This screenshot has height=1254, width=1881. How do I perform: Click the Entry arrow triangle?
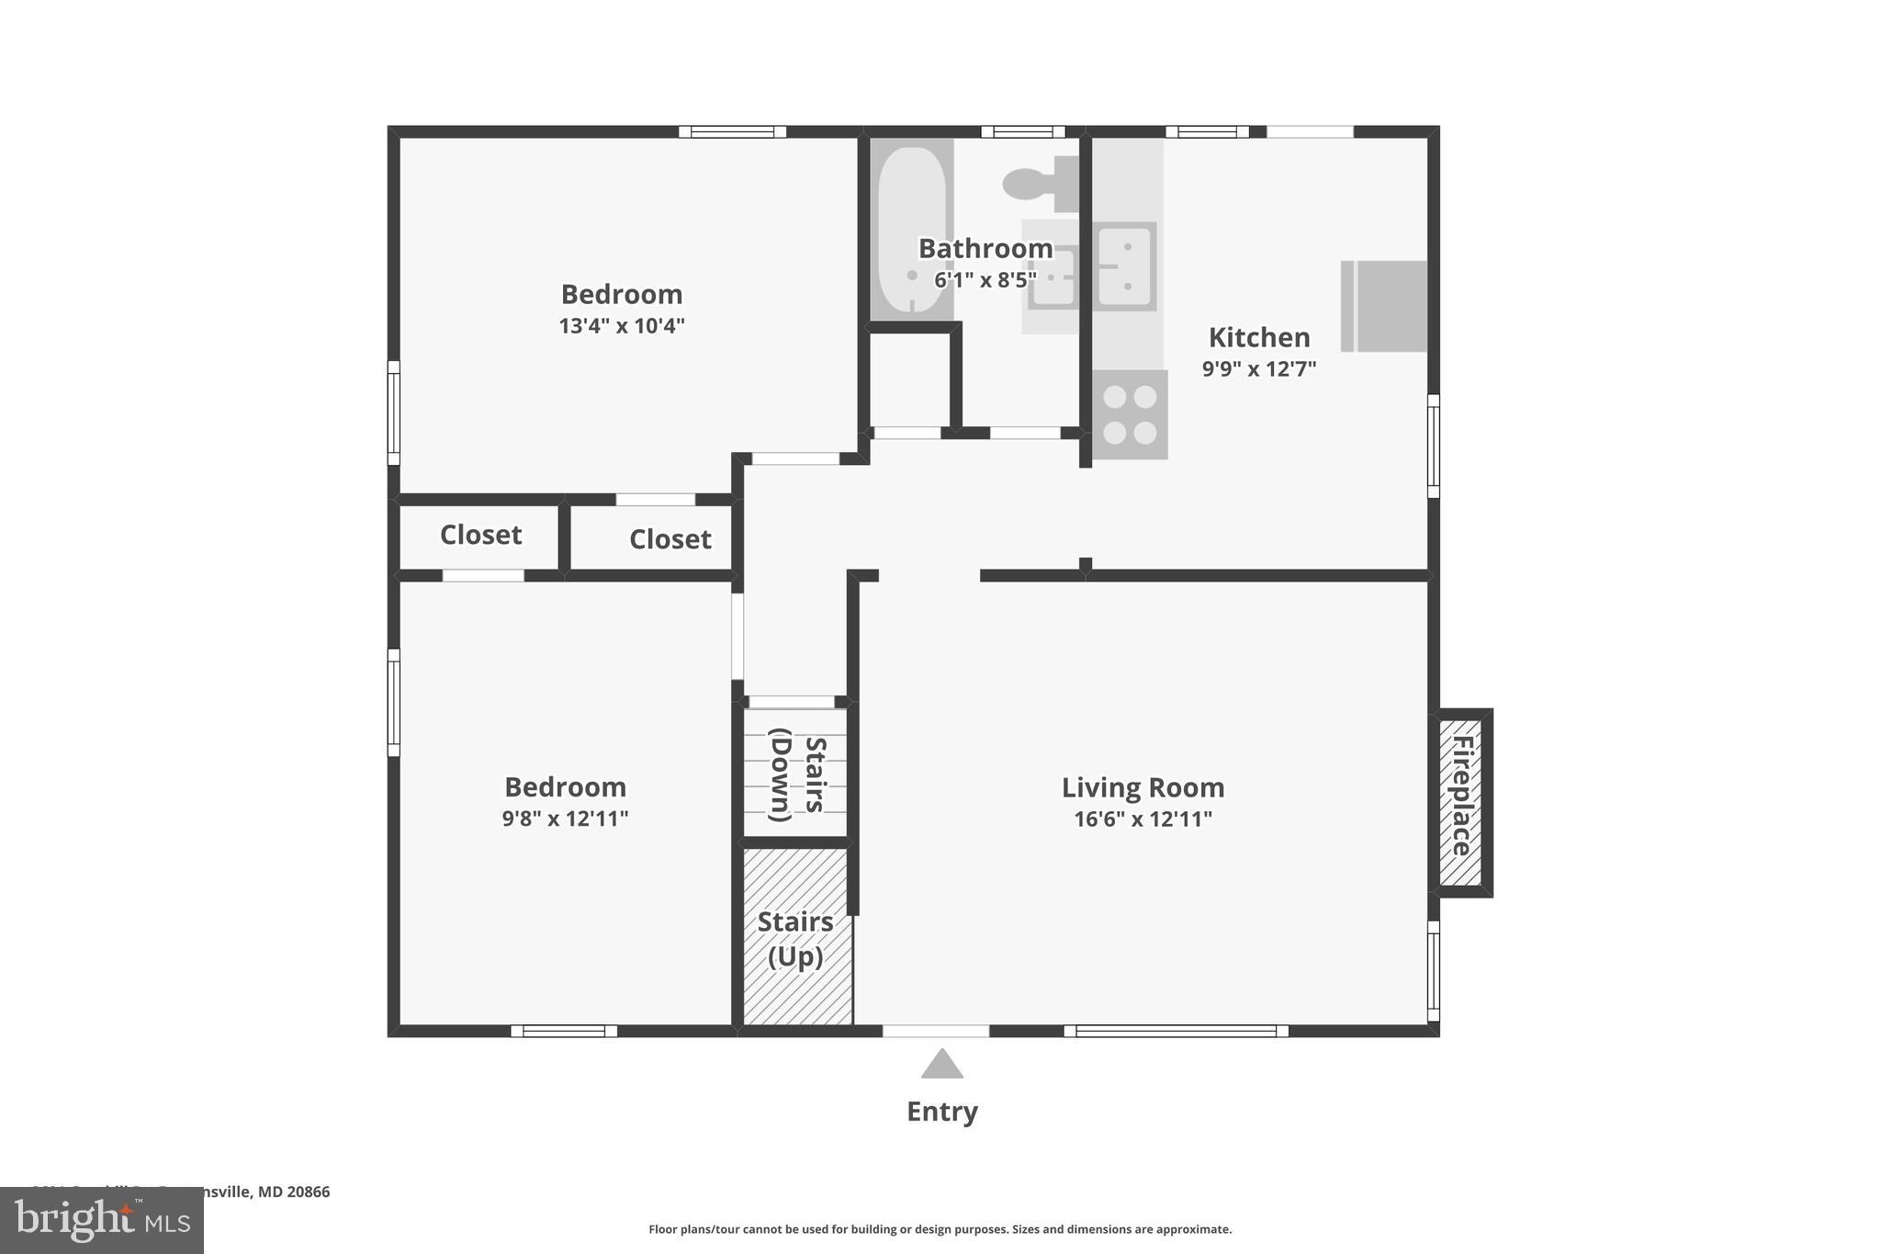pos(941,1065)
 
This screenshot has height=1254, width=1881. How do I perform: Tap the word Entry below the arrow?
pos(941,1112)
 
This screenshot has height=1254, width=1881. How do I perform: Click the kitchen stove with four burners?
pos(1130,414)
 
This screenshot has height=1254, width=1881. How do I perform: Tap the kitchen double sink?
pos(1124,266)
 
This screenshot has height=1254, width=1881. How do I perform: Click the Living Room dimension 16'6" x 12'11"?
pos(1143,819)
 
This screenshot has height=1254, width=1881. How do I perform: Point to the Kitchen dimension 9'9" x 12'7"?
pos(1258,369)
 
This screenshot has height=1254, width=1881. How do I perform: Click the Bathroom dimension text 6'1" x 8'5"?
pos(985,280)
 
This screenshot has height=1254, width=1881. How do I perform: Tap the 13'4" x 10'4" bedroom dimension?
pos(622,326)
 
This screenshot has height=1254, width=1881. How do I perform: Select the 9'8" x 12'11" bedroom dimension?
pos(565,819)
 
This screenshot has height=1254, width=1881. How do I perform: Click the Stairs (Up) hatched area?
pos(795,937)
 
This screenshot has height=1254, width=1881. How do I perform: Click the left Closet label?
pos(480,535)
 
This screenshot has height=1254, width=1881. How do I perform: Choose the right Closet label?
pos(670,539)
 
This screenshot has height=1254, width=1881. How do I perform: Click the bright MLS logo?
pos(101,1221)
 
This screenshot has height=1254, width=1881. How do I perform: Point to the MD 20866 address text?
pos(293,1192)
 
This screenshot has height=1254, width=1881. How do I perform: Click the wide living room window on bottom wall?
pos(1176,1031)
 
